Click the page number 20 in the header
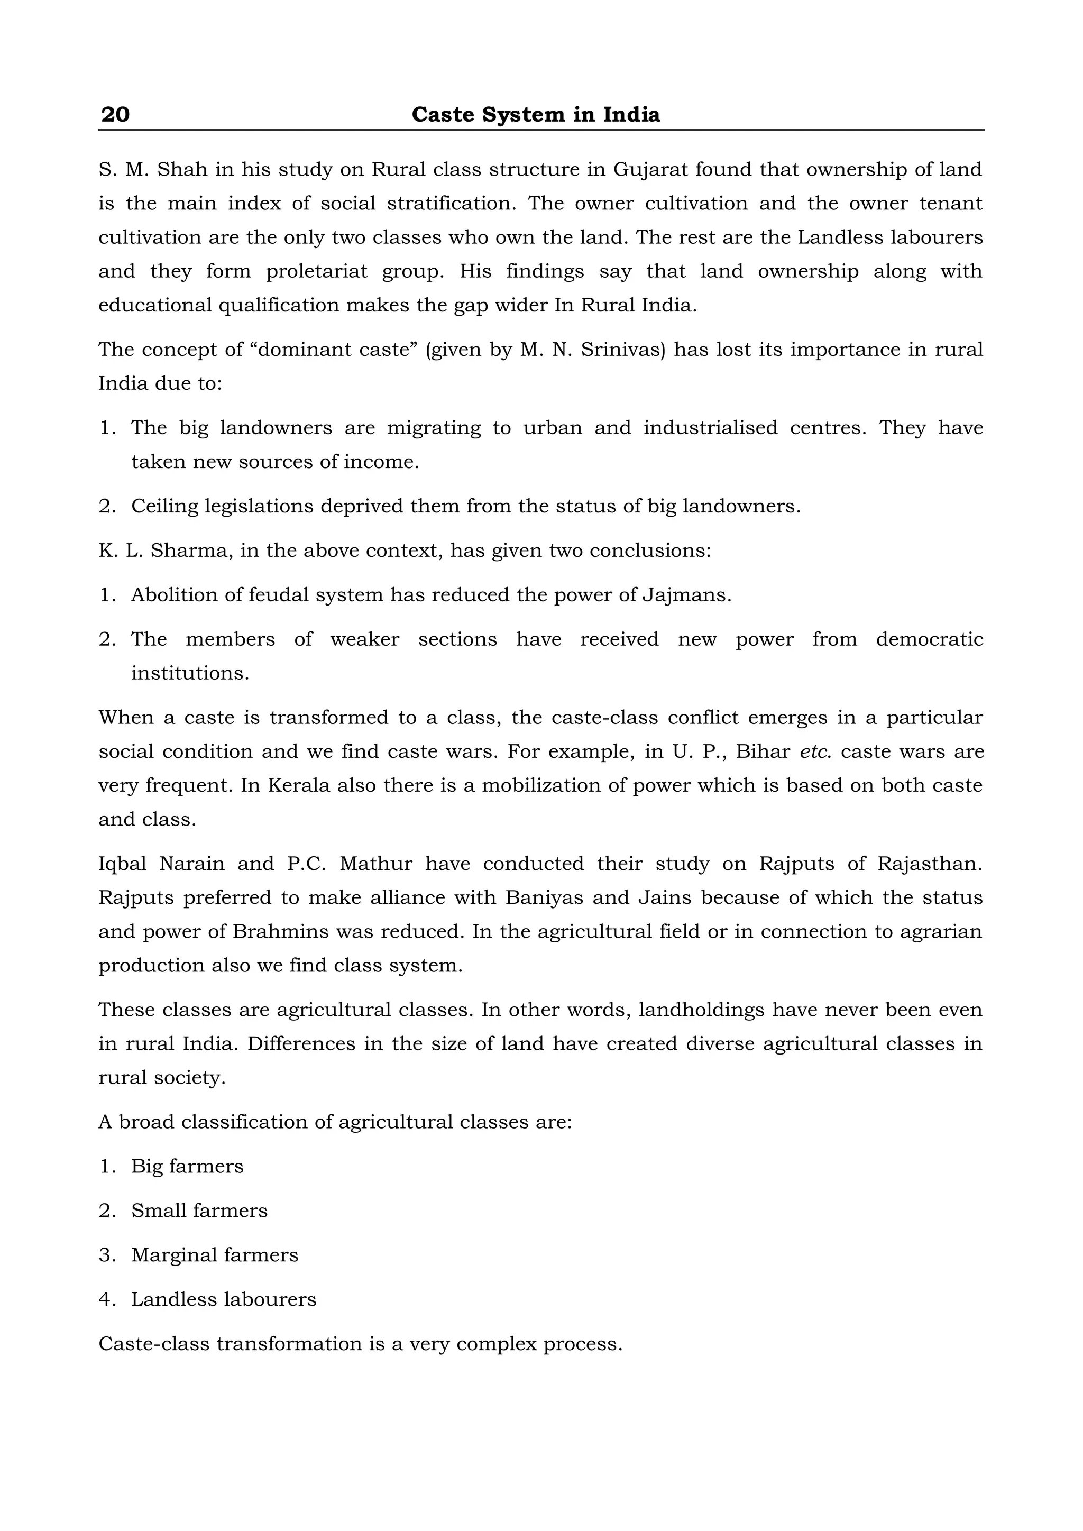coord(115,115)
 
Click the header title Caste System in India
coord(536,115)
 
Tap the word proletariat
coord(317,272)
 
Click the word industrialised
coord(710,428)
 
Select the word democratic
coord(929,639)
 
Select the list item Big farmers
coord(187,1166)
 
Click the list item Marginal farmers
coord(215,1255)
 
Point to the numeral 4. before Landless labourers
coord(107,1299)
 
